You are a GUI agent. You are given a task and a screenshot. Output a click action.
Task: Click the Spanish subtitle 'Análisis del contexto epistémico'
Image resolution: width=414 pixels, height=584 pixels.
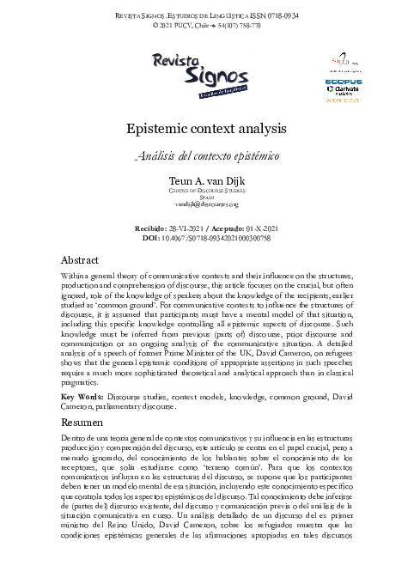[x=206, y=159]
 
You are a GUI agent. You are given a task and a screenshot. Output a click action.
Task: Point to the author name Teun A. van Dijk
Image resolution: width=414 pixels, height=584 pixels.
[x=206, y=182]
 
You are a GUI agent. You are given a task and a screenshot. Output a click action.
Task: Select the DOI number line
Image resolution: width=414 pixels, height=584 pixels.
[x=206, y=236]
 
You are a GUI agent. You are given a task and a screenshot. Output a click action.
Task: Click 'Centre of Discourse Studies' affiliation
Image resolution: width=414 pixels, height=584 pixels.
[x=206, y=192]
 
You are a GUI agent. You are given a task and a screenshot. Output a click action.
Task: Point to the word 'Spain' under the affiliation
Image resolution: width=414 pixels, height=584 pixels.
[x=206, y=198]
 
